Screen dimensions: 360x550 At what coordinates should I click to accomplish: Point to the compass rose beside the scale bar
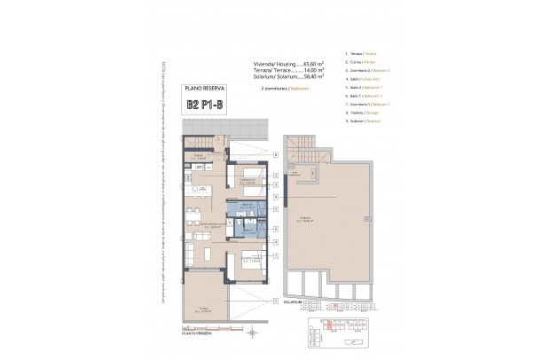[x=254, y=333]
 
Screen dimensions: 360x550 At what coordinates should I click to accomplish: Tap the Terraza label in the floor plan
[x=200, y=310]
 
